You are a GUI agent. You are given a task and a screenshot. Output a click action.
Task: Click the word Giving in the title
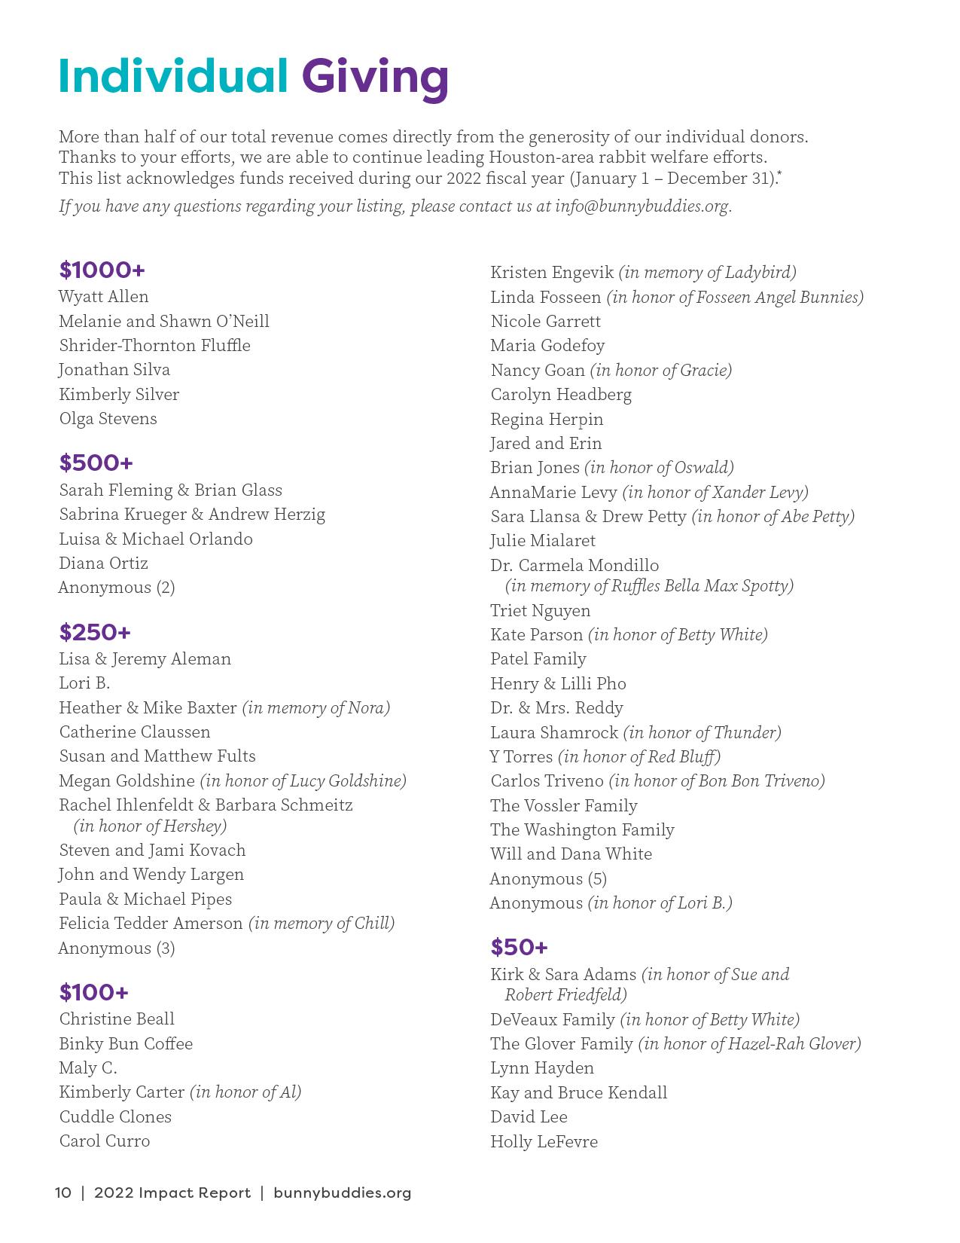click(x=375, y=78)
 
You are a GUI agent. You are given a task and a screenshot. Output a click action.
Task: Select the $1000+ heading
click(x=102, y=270)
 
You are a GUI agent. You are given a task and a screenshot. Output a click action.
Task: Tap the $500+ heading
click(x=96, y=463)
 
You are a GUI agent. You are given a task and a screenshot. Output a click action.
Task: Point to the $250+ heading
click(x=95, y=632)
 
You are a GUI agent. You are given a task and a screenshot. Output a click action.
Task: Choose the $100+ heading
click(x=94, y=992)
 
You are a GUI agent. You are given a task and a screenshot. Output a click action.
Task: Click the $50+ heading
click(x=519, y=947)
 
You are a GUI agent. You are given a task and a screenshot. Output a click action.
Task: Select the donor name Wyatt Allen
click(x=104, y=296)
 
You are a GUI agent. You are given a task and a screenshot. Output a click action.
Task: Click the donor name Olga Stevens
click(x=108, y=418)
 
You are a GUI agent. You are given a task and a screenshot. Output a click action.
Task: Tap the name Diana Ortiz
click(x=104, y=563)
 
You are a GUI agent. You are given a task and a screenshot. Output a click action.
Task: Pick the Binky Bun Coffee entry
click(x=126, y=1043)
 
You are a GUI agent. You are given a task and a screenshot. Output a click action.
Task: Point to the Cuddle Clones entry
click(x=115, y=1116)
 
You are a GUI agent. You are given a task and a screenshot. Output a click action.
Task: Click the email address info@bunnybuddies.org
click(x=642, y=206)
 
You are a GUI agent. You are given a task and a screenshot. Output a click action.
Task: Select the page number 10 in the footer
click(x=63, y=1193)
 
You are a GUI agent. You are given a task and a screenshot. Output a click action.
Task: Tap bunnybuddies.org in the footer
click(x=343, y=1193)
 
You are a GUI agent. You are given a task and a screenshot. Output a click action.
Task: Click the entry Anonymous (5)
click(x=548, y=878)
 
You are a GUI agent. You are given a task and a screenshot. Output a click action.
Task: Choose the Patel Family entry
click(x=538, y=658)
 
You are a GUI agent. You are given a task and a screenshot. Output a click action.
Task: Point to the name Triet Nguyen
click(x=541, y=610)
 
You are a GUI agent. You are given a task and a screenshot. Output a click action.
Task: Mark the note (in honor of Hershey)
click(x=151, y=826)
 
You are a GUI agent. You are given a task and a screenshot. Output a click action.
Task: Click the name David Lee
click(x=529, y=1116)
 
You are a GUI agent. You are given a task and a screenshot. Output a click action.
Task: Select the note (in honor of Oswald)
click(x=659, y=467)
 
